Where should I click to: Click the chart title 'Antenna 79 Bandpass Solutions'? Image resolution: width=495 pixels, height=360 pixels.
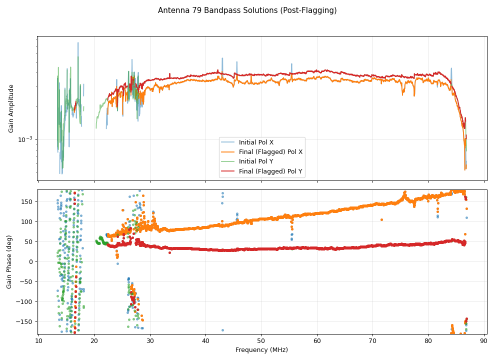click(247, 10)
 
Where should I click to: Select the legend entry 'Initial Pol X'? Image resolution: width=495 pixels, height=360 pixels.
click(256, 142)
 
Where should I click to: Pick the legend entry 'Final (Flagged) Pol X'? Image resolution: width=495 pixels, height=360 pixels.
click(270, 152)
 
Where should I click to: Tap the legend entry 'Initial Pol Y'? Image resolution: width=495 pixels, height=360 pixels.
click(256, 161)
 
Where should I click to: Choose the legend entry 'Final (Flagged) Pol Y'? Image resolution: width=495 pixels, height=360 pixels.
click(270, 171)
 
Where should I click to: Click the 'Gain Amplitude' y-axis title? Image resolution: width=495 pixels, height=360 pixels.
click(11, 108)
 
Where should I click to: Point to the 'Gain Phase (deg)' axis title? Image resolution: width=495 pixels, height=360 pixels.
click(9, 262)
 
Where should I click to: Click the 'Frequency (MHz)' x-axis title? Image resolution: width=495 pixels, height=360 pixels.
click(261, 350)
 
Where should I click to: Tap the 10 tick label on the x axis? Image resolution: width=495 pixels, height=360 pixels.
click(38, 341)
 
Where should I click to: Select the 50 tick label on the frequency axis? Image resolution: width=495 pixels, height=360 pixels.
click(261, 341)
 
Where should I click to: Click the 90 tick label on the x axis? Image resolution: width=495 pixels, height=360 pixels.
click(483, 341)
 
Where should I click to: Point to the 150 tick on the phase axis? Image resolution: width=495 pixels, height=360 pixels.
click(27, 202)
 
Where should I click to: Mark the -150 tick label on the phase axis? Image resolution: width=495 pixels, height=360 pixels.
click(25, 322)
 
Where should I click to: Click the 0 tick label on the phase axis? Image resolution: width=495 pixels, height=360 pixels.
click(31, 262)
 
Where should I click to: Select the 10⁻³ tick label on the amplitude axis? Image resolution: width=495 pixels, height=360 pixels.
click(25, 139)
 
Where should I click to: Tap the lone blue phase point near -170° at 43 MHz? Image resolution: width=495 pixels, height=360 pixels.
click(222, 330)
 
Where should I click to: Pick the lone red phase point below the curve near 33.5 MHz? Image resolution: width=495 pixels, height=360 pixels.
click(169, 252)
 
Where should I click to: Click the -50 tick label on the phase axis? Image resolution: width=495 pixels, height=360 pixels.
click(27, 282)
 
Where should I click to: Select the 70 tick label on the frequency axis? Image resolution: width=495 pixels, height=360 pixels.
click(372, 341)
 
